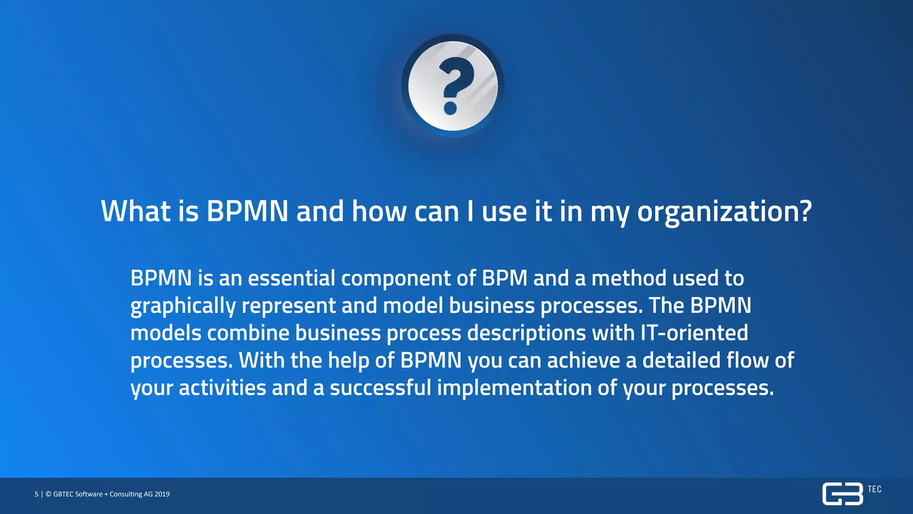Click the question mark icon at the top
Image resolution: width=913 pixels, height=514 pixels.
(452, 85)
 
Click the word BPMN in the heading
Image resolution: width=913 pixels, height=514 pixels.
(247, 211)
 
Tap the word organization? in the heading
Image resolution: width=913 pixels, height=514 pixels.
(724, 212)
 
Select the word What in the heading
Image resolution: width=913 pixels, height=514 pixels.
(136, 211)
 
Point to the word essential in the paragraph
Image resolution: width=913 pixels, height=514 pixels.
(292, 278)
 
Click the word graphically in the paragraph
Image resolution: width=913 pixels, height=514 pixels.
(183, 307)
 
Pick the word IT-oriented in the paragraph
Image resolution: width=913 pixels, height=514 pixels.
(694, 333)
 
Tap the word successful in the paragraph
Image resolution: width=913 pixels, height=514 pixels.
(380, 388)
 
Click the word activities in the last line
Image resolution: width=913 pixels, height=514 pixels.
(222, 388)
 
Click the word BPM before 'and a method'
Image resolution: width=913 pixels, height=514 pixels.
(505, 278)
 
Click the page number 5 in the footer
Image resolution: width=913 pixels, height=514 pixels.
(37, 494)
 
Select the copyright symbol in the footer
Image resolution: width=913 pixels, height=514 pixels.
(49, 494)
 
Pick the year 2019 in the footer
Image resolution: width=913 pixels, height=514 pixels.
(162, 494)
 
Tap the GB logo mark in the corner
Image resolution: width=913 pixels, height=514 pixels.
(842, 494)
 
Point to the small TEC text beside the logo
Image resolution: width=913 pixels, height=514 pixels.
(874, 489)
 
